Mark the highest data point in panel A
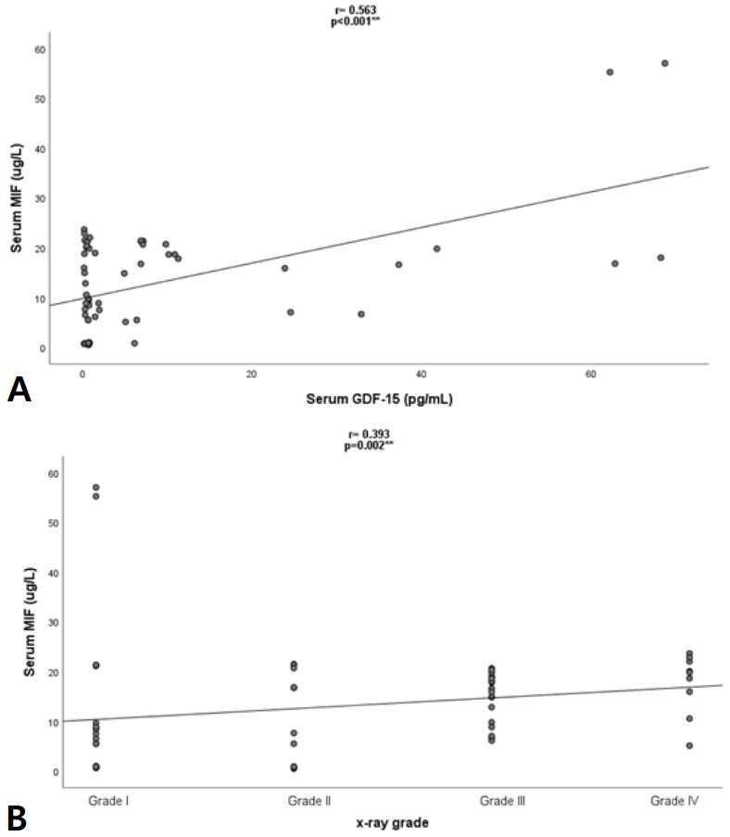pos(664,63)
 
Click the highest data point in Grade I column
pos(96,488)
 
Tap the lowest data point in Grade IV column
pos(689,745)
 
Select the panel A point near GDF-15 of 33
pos(361,314)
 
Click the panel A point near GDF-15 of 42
pos(436,248)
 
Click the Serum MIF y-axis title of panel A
pos(16,199)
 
